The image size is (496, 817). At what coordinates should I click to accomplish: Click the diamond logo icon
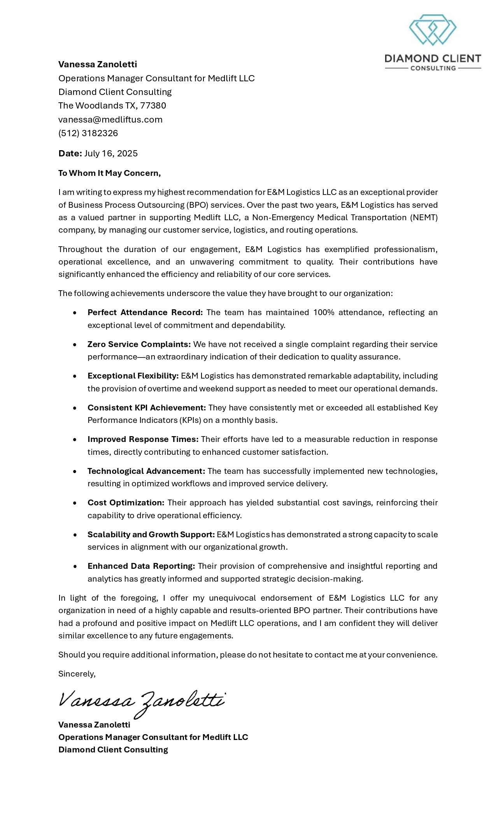432,30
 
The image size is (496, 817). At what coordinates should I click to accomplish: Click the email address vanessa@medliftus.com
110,119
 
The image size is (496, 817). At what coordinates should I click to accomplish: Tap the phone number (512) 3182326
88,133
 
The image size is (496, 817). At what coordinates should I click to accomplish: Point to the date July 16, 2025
111,153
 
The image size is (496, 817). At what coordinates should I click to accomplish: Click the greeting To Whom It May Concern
109,173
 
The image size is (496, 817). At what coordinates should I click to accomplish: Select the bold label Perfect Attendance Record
145,312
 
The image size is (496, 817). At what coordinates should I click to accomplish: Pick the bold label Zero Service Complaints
139,344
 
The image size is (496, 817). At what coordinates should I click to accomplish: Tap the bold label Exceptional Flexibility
133,376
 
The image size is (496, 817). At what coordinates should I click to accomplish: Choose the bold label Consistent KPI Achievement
147,408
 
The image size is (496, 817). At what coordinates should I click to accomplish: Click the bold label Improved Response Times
143,439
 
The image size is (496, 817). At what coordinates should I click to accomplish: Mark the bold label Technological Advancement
146,471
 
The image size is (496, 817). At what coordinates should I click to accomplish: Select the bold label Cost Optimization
126,503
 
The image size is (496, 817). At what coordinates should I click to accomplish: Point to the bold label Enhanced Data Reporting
141,566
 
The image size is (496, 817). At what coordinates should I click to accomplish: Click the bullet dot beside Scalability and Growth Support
75,535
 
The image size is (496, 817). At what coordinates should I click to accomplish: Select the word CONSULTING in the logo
433,68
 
